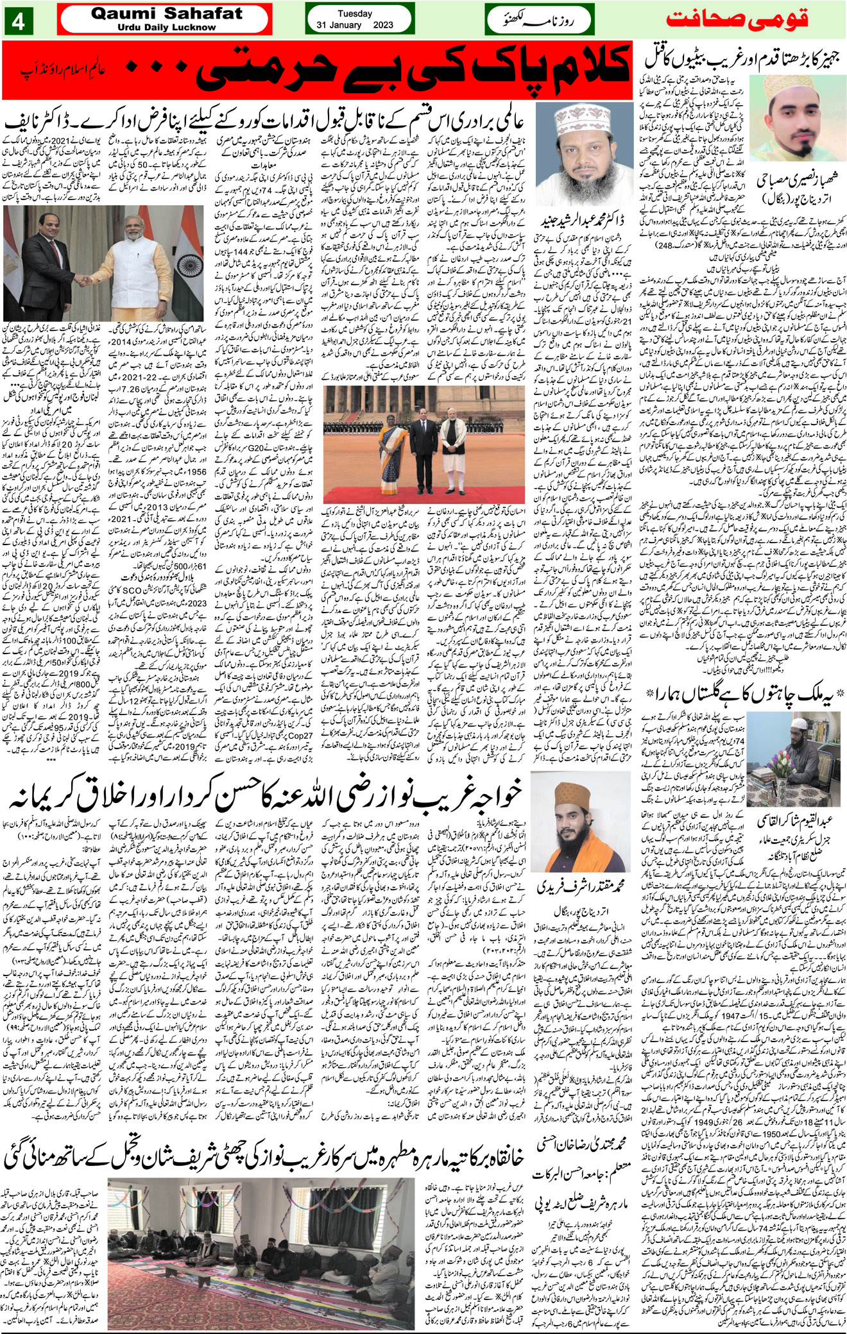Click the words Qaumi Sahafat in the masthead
click(166, 13)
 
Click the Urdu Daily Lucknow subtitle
click(166, 28)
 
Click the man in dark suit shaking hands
click(44, 269)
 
